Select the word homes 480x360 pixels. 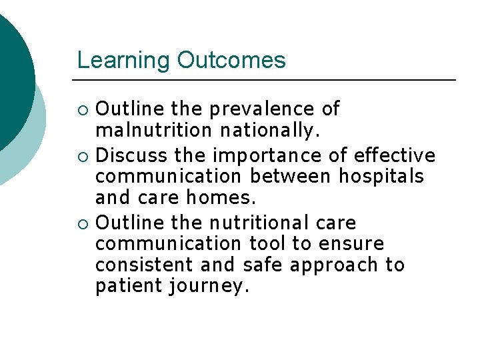[x=226, y=198]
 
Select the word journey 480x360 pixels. [x=209, y=287]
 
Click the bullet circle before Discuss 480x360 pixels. [x=82, y=157]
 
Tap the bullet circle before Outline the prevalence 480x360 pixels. [x=82, y=109]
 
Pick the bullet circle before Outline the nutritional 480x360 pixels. [x=82, y=223]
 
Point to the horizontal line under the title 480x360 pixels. [x=266, y=80]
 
